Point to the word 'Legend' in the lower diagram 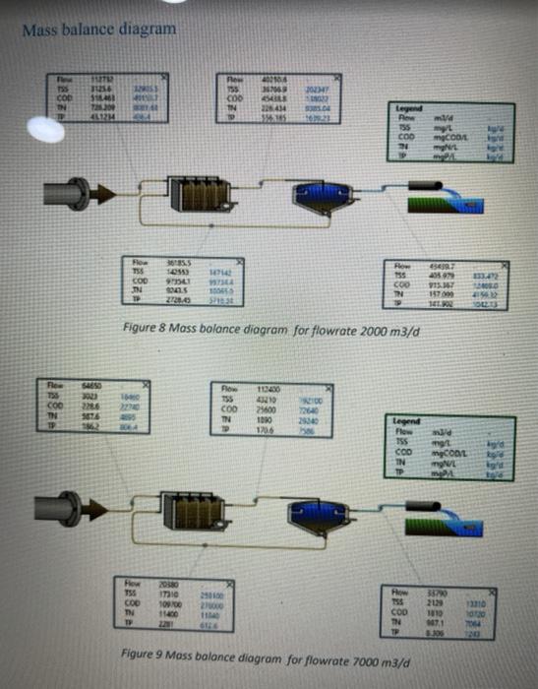406,420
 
